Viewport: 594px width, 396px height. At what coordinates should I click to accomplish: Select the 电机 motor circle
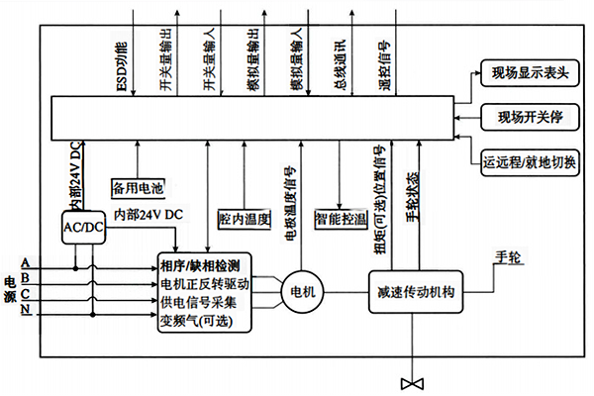tap(299, 292)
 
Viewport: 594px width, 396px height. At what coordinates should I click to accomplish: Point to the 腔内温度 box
tap(244, 218)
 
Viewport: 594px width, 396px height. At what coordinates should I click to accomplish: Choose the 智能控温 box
tap(339, 217)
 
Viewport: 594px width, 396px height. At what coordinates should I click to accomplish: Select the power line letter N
tap(25, 313)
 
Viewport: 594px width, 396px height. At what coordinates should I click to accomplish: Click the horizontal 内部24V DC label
tap(148, 214)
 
